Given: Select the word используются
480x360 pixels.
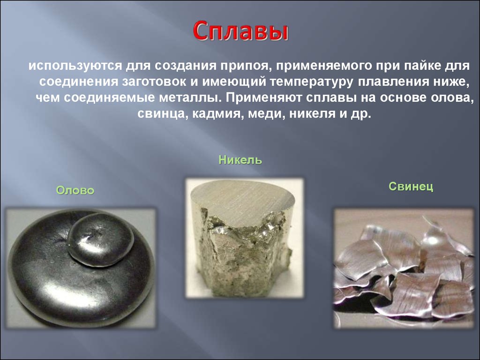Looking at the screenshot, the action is (x=75, y=66).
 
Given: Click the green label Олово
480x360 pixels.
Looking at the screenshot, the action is (x=75, y=190).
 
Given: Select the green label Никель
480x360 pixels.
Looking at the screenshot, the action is (x=240, y=159).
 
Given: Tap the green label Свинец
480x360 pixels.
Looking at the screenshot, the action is (x=411, y=186).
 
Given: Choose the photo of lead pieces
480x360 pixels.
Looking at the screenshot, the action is (x=404, y=269).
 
